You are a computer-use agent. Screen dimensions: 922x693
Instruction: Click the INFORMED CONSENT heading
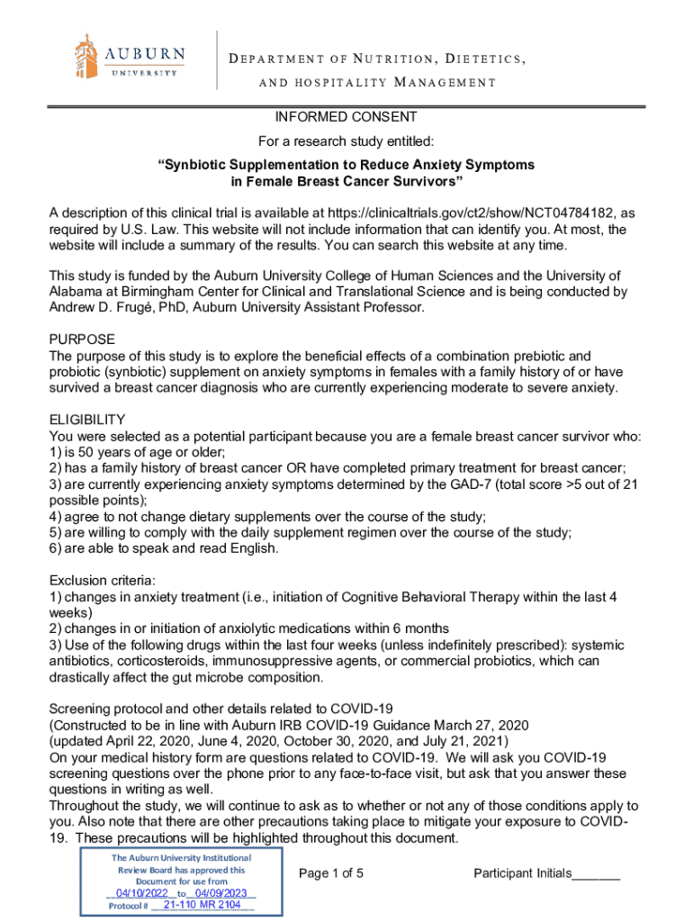pyautogui.click(x=346, y=117)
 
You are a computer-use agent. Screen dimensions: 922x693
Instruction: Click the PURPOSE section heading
pyautogui.click(x=82, y=339)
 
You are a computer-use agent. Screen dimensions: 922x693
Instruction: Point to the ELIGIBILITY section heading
pyautogui.click(x=87, y=420)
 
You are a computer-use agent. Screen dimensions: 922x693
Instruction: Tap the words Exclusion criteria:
pyautogui.click(x=103, y=581)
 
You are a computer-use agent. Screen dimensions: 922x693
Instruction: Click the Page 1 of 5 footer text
pyautogui.click(x=331, y=873)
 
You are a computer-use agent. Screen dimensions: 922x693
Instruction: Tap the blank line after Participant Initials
pyautogui.click(x=597, y=875)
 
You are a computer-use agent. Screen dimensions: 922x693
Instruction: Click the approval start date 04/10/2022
pyautogui.click(x=136, y=892)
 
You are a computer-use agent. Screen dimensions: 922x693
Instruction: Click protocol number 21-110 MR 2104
pyautogui.click(x=202, y=904)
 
